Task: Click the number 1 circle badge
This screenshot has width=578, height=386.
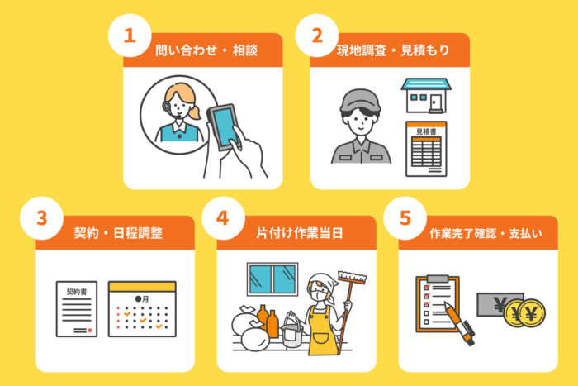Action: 130,36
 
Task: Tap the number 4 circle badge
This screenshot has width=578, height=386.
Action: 223,218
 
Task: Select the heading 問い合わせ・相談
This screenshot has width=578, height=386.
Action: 206,50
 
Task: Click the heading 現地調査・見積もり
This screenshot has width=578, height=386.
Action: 393,50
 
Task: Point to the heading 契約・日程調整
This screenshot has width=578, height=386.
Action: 118,233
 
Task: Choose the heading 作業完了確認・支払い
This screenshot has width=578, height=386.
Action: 486,233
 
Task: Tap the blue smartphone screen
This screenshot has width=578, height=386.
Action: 225,126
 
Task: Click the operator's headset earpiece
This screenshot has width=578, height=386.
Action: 166,107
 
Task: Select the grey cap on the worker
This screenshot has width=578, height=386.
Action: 360,100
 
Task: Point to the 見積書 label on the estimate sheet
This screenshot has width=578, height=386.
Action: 426,131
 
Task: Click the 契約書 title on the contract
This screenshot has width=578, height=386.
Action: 77,292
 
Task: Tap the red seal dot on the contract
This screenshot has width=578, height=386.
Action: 89,331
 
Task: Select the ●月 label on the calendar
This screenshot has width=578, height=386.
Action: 142,298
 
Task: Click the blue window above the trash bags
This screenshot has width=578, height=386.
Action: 272,279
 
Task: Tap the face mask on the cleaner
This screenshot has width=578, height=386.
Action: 316,295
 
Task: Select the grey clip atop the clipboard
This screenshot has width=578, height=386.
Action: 438,279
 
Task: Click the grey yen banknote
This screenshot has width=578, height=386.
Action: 495,304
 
